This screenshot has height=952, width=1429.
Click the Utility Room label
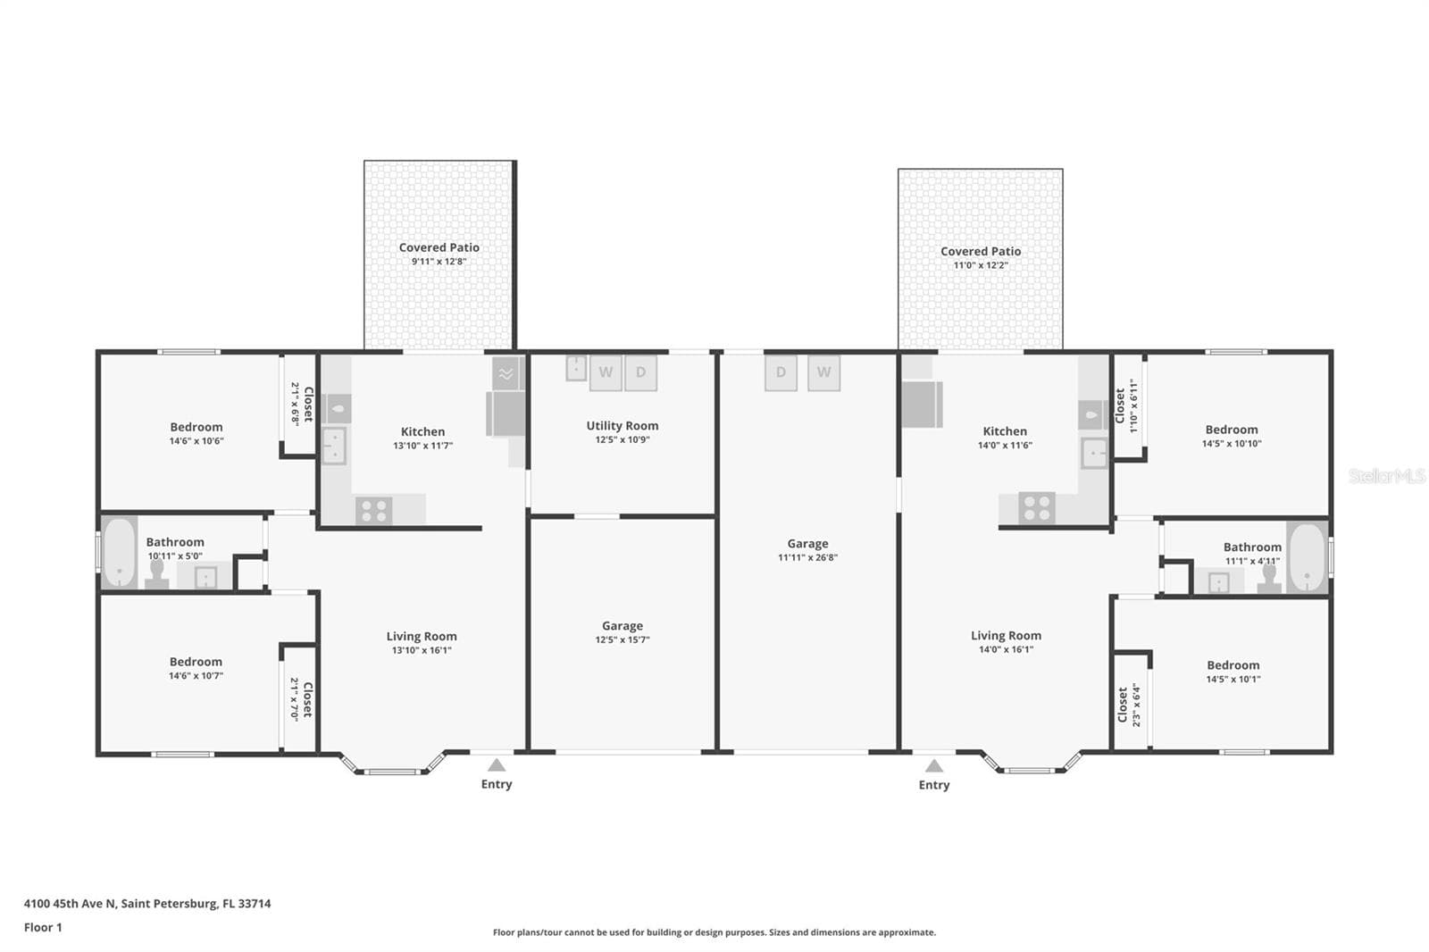[622, 426]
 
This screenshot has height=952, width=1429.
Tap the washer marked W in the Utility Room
[606, 372]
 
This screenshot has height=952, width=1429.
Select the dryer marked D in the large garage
[781, 372]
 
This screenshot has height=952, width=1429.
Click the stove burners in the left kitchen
[374, 511]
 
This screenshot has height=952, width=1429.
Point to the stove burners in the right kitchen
[1037, 508]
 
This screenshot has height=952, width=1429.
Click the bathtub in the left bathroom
[120, 553]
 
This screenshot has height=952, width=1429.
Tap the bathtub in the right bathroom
[1308, 557]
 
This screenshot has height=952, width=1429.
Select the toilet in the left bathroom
[157, 574]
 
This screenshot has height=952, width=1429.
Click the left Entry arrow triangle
[497, 765]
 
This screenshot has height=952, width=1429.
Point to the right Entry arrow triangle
[934, 765]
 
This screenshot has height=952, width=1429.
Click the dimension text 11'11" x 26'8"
[807, 557]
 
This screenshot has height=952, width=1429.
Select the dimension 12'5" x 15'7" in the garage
[622, 639]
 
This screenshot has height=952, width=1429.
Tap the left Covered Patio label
[439, 247]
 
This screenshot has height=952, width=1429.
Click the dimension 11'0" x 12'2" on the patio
[981, 265]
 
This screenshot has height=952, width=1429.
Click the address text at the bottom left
[147, 904]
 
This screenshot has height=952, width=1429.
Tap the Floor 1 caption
[43, 927]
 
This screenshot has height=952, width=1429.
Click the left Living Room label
[422, 636]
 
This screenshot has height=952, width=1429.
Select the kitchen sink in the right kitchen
[1094, 454]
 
